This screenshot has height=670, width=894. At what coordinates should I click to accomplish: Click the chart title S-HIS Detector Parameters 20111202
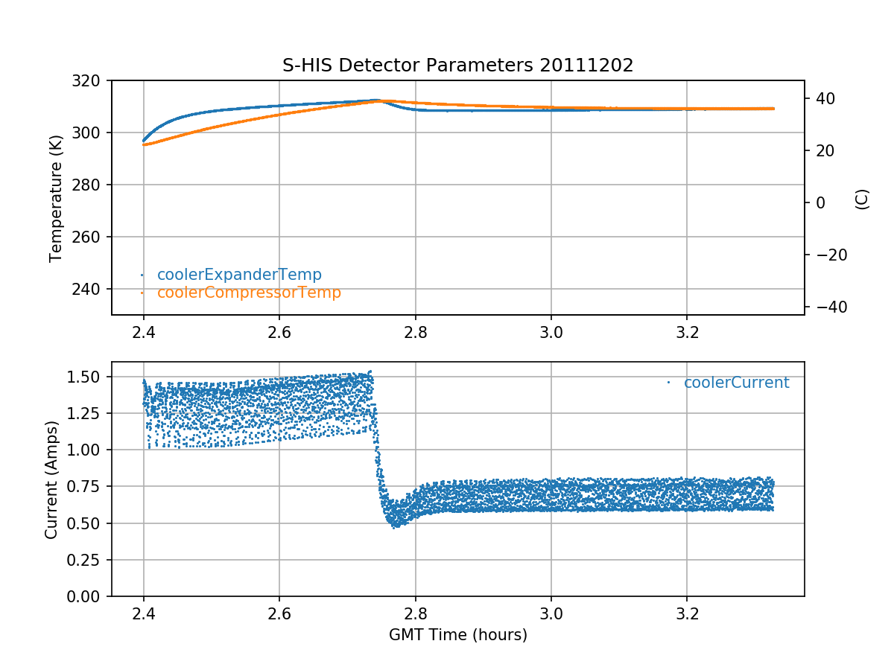click(457, 66)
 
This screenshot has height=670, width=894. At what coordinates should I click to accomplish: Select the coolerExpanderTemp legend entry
click(238, 275)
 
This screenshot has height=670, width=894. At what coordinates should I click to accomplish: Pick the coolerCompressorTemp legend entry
click(248, 293)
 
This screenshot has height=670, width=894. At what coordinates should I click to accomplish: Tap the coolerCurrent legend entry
click(735, 383)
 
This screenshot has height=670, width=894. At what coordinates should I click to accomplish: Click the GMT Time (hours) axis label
click(457, 635)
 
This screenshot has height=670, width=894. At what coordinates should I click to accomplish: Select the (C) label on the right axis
click(862, 199)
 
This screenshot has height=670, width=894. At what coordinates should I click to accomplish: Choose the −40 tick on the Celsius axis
click(826, 307)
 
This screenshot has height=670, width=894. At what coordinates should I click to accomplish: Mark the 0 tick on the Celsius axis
click(817, 202)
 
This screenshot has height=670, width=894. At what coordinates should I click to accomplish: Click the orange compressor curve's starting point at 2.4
click(145, 144)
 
